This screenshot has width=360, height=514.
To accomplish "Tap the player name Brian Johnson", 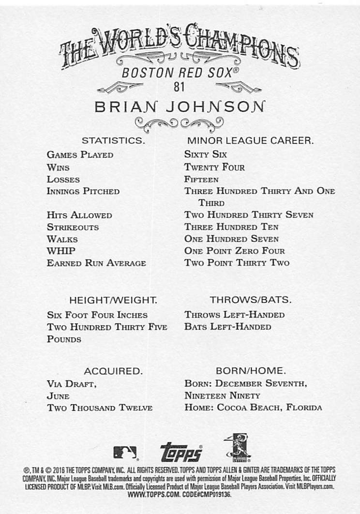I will [180, 107].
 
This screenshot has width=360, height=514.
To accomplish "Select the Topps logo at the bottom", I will [180, 452].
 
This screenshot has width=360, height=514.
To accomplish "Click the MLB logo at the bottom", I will [125, 453].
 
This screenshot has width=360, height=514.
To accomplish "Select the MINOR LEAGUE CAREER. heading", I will [250, 141].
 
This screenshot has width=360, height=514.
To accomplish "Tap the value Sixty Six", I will [206, 155].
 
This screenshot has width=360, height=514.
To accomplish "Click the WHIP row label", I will [61, 251].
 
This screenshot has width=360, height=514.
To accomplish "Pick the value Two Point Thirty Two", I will [237, 263].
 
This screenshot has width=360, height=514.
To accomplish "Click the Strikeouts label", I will [73, 227].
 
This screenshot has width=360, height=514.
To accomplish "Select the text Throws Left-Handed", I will [234, 315].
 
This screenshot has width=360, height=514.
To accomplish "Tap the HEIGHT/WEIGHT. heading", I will [113, 300].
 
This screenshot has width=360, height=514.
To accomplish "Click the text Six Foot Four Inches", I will [97, 315].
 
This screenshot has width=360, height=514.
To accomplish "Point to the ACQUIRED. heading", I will [113, 371].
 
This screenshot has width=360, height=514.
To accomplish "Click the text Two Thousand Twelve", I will [100, 408].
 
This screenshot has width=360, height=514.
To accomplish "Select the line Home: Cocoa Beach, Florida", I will [253, 408].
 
